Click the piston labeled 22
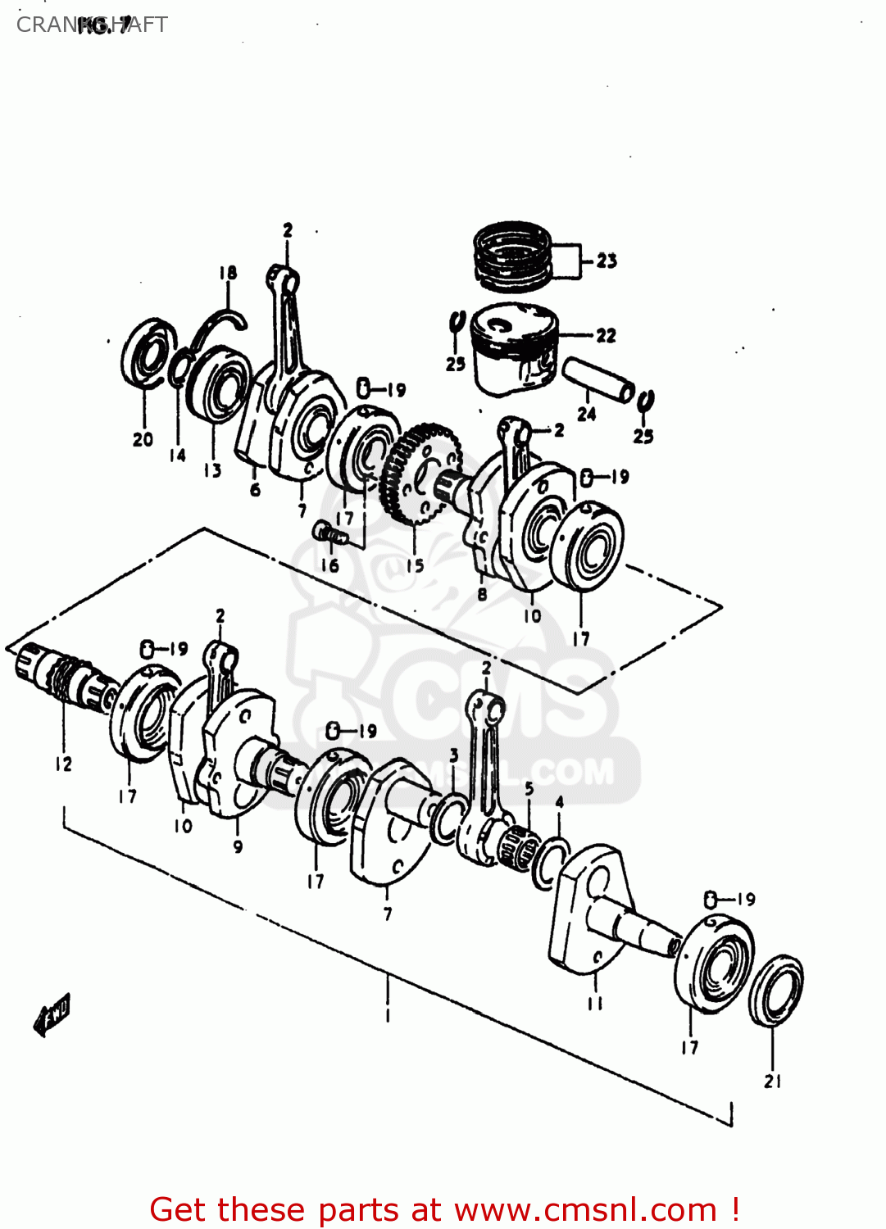(515, 348)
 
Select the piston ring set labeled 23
(513, 256)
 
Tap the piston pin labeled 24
(597, 379)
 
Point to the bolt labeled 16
(328, 534)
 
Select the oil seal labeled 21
(775, 990)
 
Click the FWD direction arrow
(52, 1015)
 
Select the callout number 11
(595, 1003)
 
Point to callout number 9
(238, 846)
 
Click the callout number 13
(213, 470)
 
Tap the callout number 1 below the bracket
(388, 1016)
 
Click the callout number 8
(482, 595)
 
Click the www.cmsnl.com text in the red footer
(585, 1209)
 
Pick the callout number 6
(255, 490)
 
